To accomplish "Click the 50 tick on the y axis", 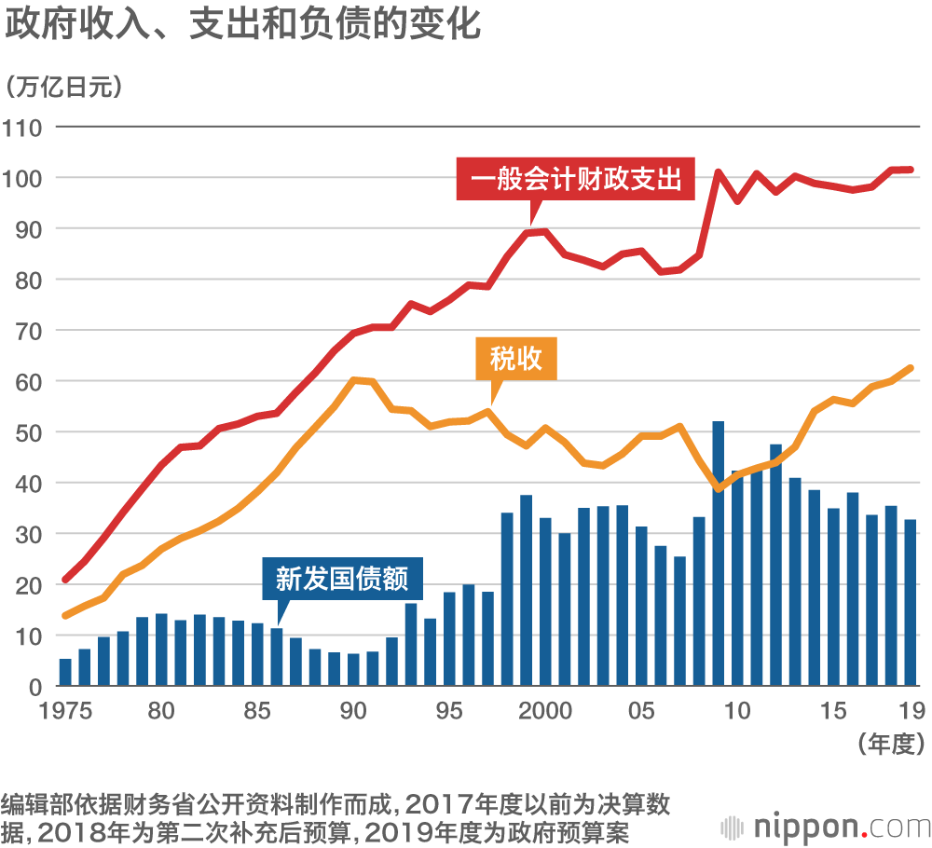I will click(x=29, y=432).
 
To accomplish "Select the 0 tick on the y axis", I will click(x=35, y=687).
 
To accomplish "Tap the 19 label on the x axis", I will click(x=911, y=712).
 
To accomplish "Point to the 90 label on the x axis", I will click(x=353, y=712).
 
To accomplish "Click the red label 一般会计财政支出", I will click(x=576, y=179).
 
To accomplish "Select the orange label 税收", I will click(x=516, y=358).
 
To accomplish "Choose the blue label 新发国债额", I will click(x=342, y=579).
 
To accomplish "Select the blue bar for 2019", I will click(x=911, y=603).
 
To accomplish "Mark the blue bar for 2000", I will click(x=545, y=602).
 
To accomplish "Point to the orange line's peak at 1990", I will click(x=354, y=379).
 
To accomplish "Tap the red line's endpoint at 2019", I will click(x=911, y=170).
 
